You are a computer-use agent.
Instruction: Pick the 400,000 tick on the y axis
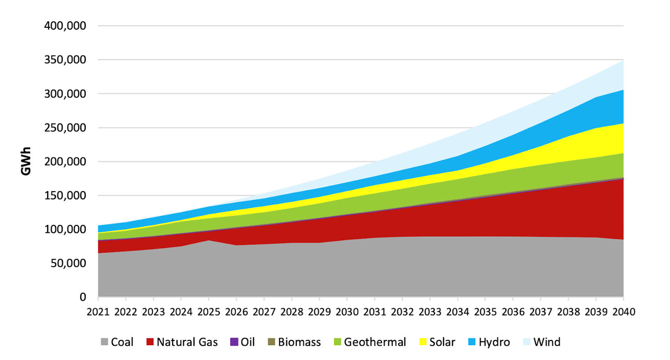65,26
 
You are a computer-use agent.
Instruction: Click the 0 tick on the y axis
83,297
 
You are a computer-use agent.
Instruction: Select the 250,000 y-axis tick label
65,128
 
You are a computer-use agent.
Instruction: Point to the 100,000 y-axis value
65,229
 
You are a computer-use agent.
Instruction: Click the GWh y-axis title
26,162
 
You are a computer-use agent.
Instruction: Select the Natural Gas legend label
187,343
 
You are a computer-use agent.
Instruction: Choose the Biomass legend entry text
299,343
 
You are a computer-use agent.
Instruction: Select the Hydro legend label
494,343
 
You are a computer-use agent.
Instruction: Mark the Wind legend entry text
547,343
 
